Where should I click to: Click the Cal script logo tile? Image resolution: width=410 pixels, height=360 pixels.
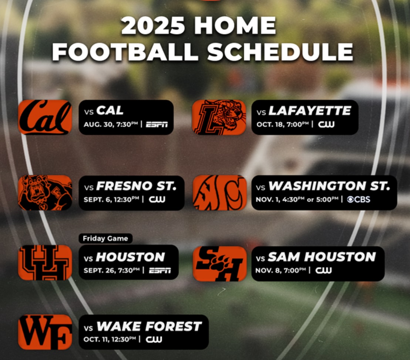click(45, 117)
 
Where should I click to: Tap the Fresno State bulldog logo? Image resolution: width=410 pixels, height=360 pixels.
click(45, 193)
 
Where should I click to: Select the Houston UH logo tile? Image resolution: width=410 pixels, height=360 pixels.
click(45, 262)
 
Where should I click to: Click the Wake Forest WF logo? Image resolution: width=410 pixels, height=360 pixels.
click(45, 332)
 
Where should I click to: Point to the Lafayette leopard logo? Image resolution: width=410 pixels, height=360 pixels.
click(219, 117)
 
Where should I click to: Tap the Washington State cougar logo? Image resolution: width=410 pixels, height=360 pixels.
click(220, 193)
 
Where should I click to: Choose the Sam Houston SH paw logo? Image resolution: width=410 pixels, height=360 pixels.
click(220, 264)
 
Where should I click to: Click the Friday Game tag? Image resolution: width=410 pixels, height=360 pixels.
click(105, 238)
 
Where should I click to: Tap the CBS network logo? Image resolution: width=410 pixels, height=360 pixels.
click(359, 200)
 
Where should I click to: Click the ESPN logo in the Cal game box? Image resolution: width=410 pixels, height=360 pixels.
click(157, 124)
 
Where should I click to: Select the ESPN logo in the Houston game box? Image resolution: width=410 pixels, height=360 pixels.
click(160, 271)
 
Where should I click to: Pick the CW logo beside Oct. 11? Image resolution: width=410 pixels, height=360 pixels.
click(154, 339)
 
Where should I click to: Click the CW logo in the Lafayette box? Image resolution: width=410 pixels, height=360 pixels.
click(326, 124)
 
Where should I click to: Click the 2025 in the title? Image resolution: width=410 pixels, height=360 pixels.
click(152, 26)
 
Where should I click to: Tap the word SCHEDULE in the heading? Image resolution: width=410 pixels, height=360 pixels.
click(280, 51)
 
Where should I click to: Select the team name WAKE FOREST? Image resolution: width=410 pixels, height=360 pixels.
click(149, 326)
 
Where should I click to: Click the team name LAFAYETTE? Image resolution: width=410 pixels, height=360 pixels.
click(310, 111)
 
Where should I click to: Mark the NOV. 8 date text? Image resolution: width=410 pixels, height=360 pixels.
click(265, 270)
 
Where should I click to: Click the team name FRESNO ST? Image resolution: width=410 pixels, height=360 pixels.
click(136, 186)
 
